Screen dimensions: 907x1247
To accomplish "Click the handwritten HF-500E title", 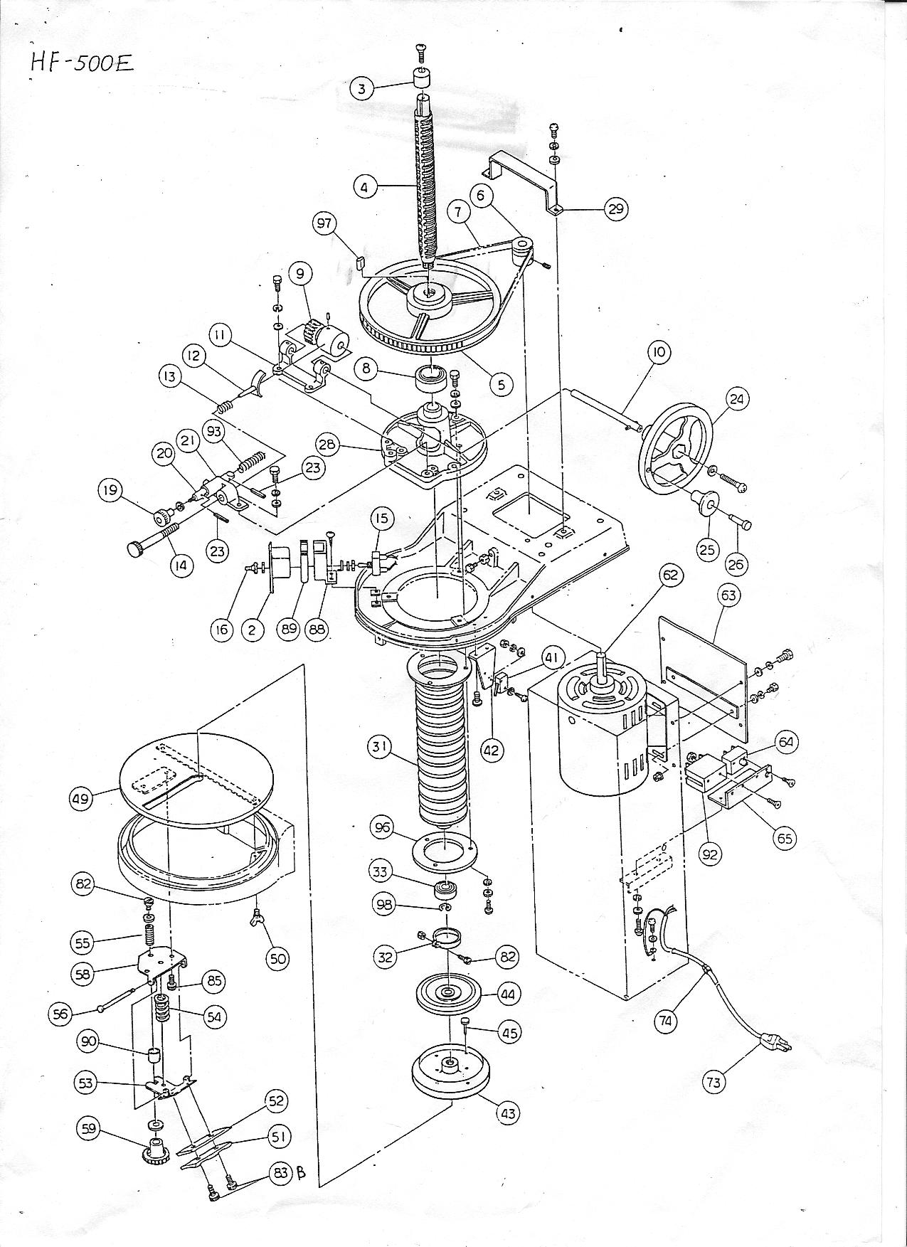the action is coord(80,62).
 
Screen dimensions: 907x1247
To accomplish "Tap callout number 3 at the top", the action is coord(362,88).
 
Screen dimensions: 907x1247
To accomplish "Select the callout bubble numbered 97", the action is coord(325,224).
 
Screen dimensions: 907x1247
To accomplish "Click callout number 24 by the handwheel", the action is coord(736,399).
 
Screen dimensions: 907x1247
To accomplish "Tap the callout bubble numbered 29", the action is coord(615,208).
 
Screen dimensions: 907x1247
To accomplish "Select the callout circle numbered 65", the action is coord(785,838).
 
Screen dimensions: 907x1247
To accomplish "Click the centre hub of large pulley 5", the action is coord(430,293).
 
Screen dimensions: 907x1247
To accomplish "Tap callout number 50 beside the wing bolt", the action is coord(277,958).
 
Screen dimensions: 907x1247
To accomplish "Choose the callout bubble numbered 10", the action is coord(659,352).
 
